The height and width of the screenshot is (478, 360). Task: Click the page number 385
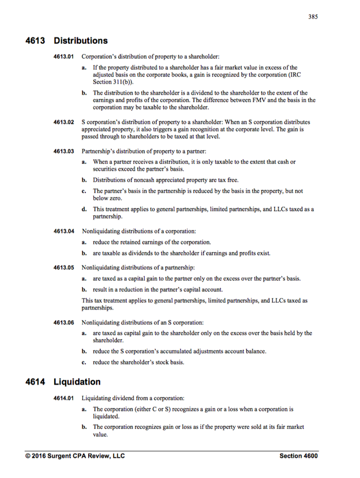pos(312,16)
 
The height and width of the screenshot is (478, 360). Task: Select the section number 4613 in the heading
pos(36,41)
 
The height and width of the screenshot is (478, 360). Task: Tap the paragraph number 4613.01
pos(64,57)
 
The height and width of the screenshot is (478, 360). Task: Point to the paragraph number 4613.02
pos(64,122)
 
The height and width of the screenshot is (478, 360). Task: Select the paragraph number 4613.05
pos(64,268)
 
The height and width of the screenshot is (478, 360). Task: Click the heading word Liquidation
pos(77,382)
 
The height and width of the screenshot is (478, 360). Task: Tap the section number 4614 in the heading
pos(36,382)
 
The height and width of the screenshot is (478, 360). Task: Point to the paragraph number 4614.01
pos(64,398)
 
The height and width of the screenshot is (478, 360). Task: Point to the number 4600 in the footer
pos(309,456)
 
